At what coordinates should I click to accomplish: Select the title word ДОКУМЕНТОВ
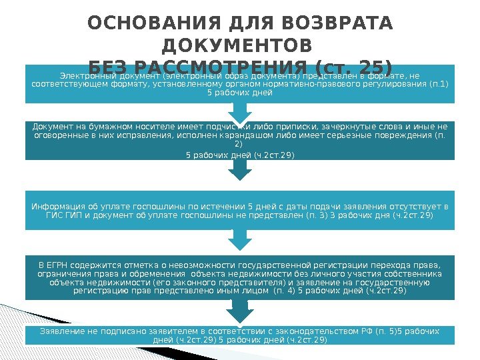point(237,46)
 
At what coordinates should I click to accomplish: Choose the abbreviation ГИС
point(53,216)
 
